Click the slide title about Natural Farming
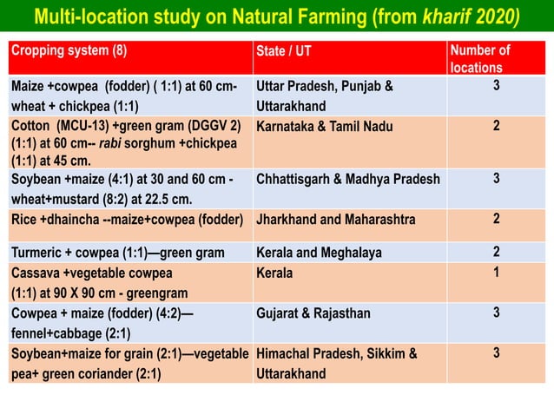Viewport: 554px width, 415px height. tap(276, 17)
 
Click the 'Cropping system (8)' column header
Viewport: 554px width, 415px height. tap(69, 50)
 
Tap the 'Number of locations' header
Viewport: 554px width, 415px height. tap(480, 58)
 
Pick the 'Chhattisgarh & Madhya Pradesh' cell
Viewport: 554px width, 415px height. tap(348, 180)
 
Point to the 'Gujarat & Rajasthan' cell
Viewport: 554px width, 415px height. tap(313, 313)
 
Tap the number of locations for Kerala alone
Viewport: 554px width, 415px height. tap(496, 272)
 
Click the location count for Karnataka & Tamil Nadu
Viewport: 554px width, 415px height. tap(496, 126)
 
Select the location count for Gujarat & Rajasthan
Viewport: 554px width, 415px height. tap(496, 313)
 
